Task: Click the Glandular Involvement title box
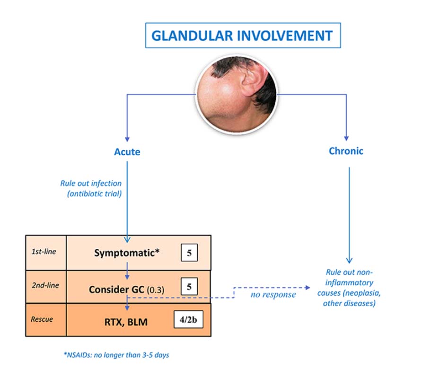[x=243, y=35]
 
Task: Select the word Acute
[x=127, y=152]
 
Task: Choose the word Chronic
[x=346, y=151]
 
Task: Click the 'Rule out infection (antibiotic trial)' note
[x=91, y=188]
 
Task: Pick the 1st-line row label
[x=44, y=252]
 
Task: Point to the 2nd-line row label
[x=45, y=285]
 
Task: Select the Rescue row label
[x=42, y=319]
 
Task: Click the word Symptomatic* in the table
[x=127, y=253]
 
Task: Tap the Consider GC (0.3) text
[x=126, y=290]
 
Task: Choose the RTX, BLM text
[x=126, y=322]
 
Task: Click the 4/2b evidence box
[x=188, y=320]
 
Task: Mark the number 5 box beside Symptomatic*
[x=189, y=253]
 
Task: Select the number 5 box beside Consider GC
[x=189, y=286]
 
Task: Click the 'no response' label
[x=273, y=295]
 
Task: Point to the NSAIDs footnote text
[x=116, y=355]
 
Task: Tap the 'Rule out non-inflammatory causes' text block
[x=349, y=288]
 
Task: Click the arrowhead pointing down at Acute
[x=127, y=139]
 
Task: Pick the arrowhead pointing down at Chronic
[x=346, y=138]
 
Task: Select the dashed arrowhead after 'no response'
[x=307, y=287]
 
